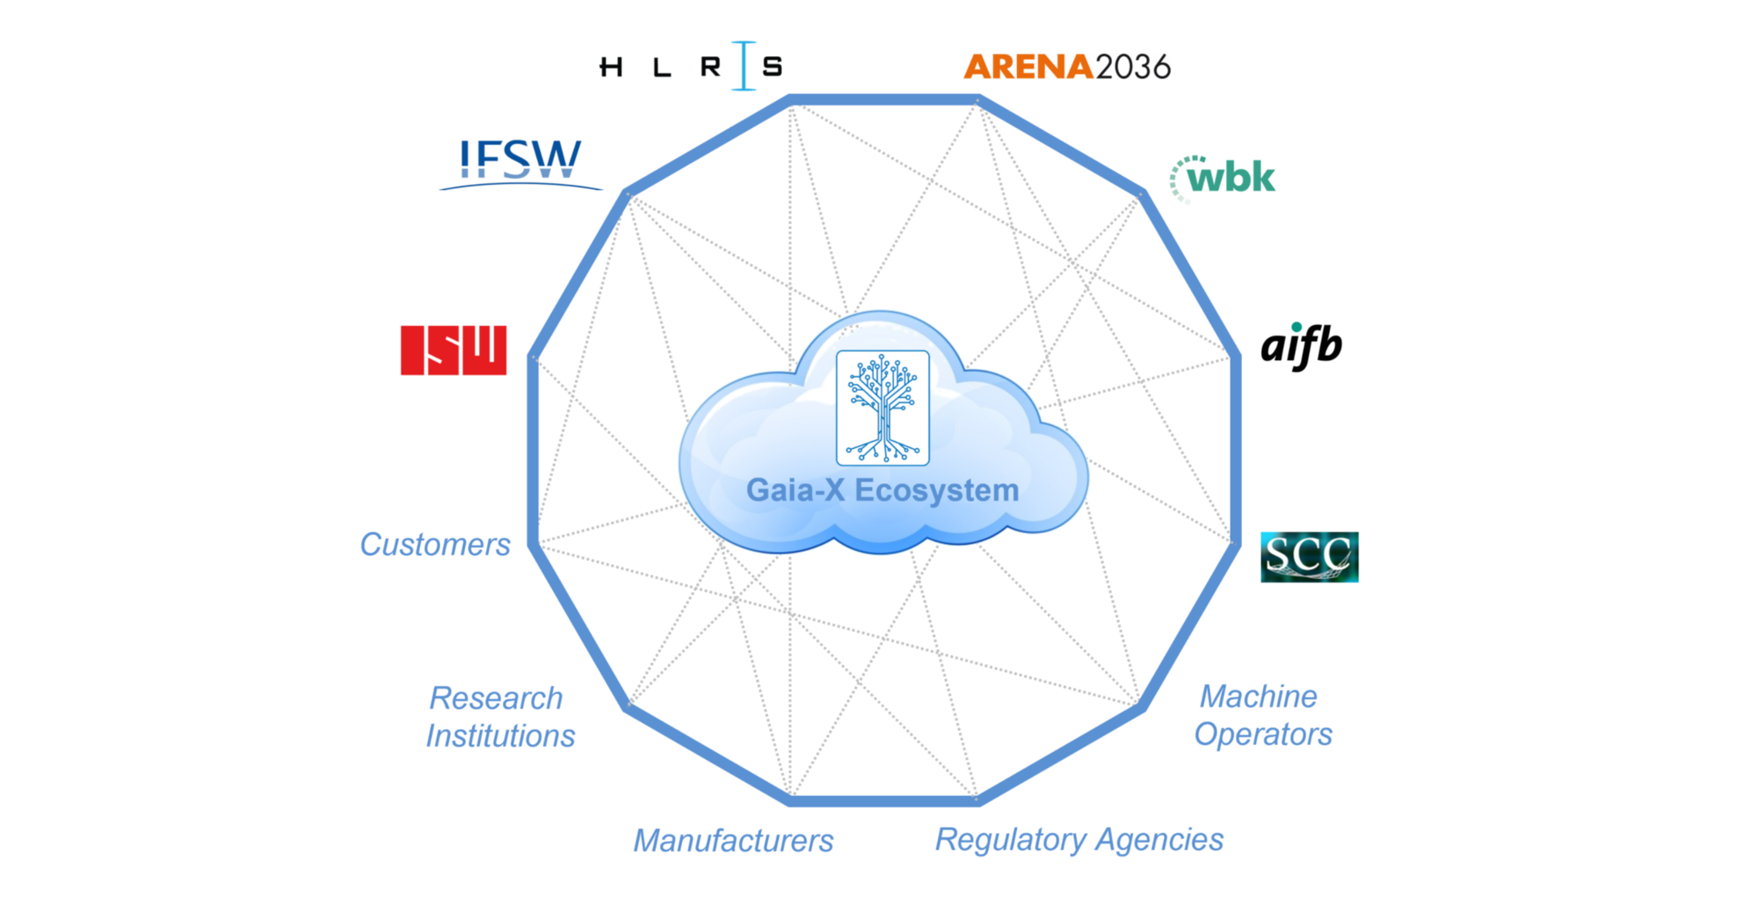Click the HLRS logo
coord(691,66)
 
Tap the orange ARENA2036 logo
coord(1067,67)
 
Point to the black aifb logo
coord(1302,345)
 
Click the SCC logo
coord(1309,557)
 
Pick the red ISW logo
coord(454,351)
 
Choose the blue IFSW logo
coord(520,163)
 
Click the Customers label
coord(435,545)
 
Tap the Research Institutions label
coord(500,717)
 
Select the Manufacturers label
coord(733,841)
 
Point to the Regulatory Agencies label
coord(1079,840)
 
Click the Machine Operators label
coord(1263,715)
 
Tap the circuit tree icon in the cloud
coord(883,408)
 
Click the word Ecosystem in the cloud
coord(937,491)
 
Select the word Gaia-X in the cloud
coord(795,490)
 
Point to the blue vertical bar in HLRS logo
coord(744,66)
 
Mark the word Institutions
coord(500,736)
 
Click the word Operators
coord(1263,734)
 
